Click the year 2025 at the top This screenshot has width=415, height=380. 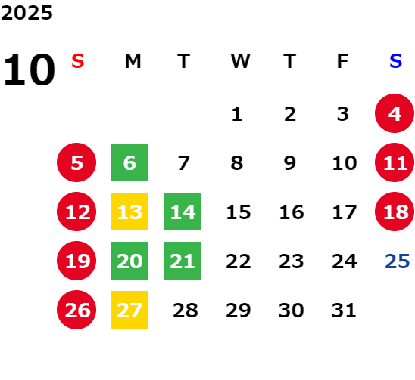pos(27,13)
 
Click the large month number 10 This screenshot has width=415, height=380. pos(29,70)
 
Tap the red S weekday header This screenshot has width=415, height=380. pos(78,61)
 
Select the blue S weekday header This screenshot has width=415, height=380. pos(396,61)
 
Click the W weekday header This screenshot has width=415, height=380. pos(240,61)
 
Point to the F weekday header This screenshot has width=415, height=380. pos(343,61)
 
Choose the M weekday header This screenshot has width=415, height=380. pos(133,61)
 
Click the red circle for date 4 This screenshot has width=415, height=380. pos(395,113)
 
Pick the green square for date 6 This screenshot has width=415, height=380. pos(129,162)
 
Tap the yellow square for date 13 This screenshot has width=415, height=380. pos(129,212)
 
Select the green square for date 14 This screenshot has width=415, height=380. pos(183,212)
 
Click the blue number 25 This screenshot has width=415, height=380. pos(398,261)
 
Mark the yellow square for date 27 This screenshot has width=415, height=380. pos(129,310)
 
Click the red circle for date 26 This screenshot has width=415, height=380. pos(76,310)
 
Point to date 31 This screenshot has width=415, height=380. pos(344,310)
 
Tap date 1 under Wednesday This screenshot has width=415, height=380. pos(236,114)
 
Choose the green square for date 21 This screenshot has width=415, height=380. pos(183,261)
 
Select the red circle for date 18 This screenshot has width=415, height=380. pos(395,212)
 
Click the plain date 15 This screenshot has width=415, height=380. pos(239,212)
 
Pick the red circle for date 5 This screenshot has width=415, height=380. pos(76,162)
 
